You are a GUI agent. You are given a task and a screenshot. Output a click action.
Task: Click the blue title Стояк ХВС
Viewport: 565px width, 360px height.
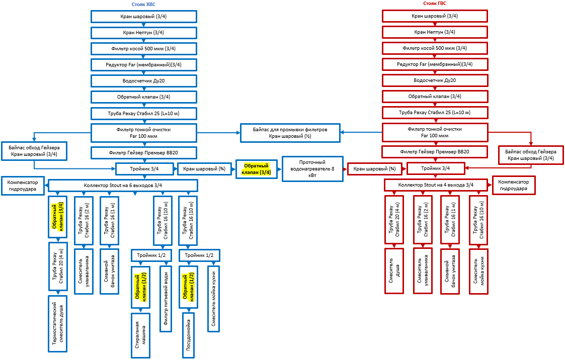[x=143, y=4]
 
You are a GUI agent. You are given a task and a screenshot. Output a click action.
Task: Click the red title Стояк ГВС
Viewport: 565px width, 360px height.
[x=435, y=4]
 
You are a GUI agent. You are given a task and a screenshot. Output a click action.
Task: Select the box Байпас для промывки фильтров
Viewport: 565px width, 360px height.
[x=290, y=133]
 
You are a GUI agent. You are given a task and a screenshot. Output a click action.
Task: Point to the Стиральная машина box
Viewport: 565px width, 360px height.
[x=141, y=335]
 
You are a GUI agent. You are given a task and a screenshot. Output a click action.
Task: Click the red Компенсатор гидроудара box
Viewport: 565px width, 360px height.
[x=513, y=185]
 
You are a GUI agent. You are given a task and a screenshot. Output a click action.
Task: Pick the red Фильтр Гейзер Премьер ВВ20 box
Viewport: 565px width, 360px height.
[x=435, y=151]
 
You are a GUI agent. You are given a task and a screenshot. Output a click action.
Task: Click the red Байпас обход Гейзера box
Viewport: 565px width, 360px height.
[x=530, y=155]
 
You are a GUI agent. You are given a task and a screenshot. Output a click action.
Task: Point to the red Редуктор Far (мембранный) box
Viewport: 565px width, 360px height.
[x=435, y=64]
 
